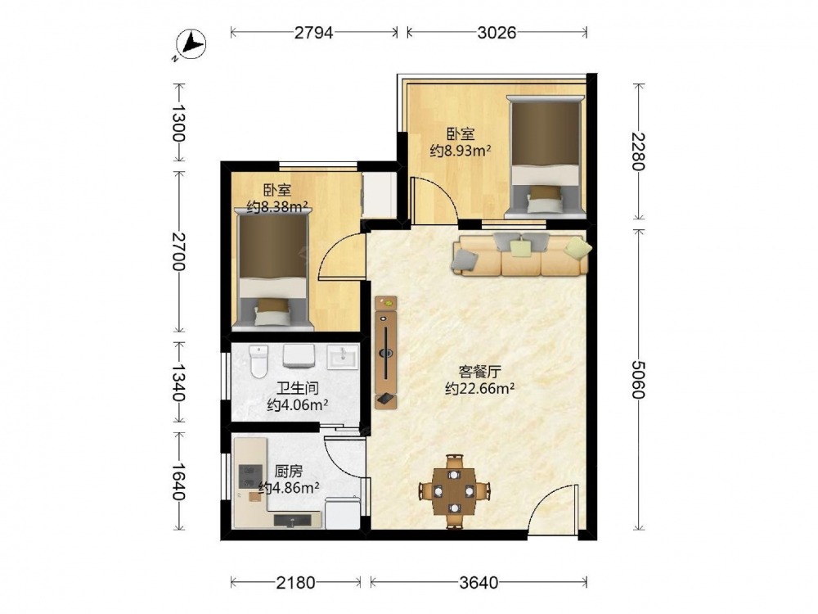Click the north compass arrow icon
click(191, 44)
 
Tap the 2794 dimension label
click(313, 33)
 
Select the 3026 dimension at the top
click(497, 33)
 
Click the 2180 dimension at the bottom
click(296, 582)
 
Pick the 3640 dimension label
click(479, 582)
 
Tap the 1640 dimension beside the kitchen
click(179, 481)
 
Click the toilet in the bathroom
click(258, 361)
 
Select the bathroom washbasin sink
click(343, 357)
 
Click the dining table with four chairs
click(455, 490)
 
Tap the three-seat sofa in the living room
click(521, 255)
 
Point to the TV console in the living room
click(386, 352)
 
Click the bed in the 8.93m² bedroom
click(545, 156)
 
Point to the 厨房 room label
click(289, 472)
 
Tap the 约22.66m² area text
click(480, 388)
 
